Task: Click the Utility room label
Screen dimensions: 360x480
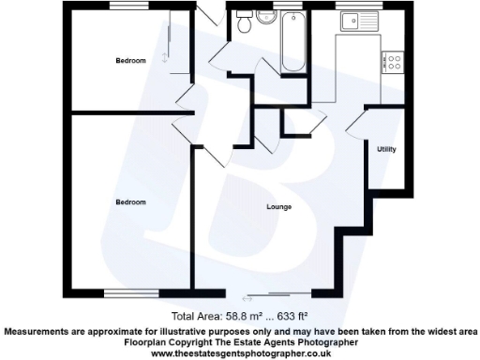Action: (386, 149)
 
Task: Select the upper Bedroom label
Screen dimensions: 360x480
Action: (130, 61)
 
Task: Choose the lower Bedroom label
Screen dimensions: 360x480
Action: (130, 202)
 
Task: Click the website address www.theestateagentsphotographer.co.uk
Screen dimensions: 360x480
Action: (241, 352)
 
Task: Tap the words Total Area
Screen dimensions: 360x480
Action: (194, 317)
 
